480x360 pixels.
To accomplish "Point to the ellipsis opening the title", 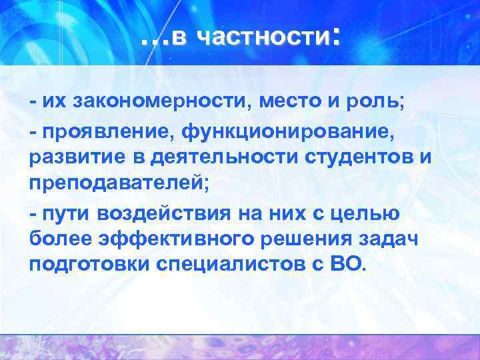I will coord(155,43).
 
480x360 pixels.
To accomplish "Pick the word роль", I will coord(377,102).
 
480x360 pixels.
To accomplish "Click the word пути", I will coord(66,213).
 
